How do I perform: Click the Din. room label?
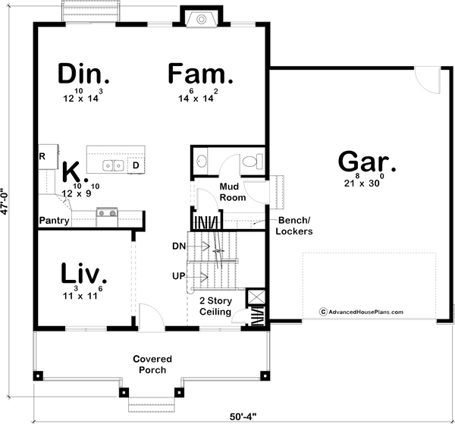click(83, 74)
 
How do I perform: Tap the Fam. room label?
click(200, 74)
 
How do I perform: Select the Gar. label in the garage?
click(367, 162)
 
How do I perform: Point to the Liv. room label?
click(84, 273)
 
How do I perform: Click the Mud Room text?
click(233, 192)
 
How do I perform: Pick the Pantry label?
click(55, 221)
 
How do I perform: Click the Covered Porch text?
click(152, 364)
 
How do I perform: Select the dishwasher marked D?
click(136, 165)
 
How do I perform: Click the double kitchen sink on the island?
click(113, 165)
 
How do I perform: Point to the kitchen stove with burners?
click(107, 218)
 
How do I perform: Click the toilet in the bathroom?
click(253, 162)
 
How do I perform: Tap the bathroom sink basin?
click(202, 161)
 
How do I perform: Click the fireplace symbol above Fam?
click(201, 20)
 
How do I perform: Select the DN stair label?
click(179, 247)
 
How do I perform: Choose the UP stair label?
click(179, 276)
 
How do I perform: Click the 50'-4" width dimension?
click(243, 417)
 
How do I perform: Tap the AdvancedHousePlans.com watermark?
click(361, 312)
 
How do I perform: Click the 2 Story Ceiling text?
click(215, 306)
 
